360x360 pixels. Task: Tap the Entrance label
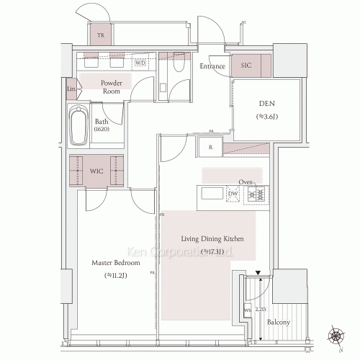[213, 66]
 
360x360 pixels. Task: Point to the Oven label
[246, 182]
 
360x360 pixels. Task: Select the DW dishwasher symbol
[233, 194]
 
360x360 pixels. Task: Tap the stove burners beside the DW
[254, 194]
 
